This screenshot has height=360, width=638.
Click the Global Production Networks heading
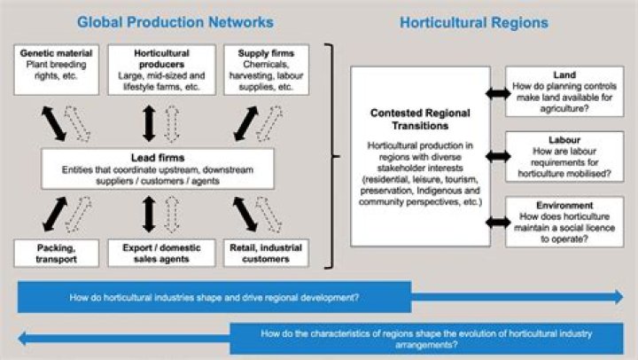tap(175, 21)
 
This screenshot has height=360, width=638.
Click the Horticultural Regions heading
tap(473, 21)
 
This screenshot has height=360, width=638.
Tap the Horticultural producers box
tap(161, 69)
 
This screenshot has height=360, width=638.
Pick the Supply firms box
tap(266, 69)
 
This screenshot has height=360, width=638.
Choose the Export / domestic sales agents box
tap(161, 253)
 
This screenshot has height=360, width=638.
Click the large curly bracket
tap(334, 156)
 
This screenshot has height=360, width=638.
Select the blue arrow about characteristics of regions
tap(319, 338)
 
